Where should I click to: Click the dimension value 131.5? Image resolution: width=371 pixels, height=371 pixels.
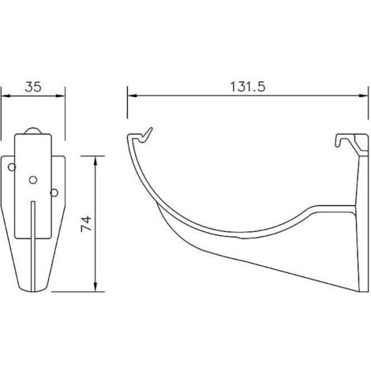pyautogui.click(x=248, y=81)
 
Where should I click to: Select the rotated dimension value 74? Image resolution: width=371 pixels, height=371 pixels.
pyautogui.click(x=86, y=223)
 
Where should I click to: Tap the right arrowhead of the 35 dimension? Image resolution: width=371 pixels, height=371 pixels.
pyautogui.click(x=61, y=96)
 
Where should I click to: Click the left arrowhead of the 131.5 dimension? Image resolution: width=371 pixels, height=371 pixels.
pyautogui.click(x=131, y=96)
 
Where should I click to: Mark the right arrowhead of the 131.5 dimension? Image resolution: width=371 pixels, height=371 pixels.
pyautogui.click(x=365, y=96)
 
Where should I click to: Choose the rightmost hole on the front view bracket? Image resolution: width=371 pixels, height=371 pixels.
pyautogui.click(x=53, y=192)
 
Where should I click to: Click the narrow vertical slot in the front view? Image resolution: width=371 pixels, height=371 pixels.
pyautogui.click(x=32, y=237)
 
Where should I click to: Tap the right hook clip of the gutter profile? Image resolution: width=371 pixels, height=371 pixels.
pyautogui.click(x=348, y=141)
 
